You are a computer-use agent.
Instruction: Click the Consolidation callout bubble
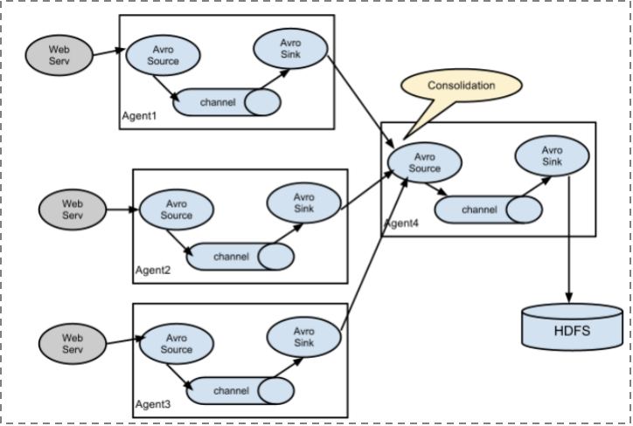pos(462,86)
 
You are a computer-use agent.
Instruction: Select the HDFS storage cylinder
pos(572,327)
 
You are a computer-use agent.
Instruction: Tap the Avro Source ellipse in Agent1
pos(163,55)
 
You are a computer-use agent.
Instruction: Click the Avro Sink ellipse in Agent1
pos(290,48)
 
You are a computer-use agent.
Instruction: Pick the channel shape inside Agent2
pos(240,257)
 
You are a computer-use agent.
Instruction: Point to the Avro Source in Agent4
pos(425,162)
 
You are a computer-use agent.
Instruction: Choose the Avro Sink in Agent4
pos(552,156)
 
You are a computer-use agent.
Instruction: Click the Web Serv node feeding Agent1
pos(59,55)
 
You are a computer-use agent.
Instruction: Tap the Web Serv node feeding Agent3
pos(73,344)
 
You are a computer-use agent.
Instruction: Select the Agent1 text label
pos(139,116)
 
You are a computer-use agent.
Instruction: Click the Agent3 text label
pos(153,404)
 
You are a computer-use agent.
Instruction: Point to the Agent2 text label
pos(153,270)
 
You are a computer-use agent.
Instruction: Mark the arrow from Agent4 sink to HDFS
pos(569,239)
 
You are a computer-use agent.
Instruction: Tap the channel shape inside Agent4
pos(489,210)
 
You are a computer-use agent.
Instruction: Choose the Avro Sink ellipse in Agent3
pos(304,337)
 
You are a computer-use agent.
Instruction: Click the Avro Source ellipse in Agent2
pos(177,210)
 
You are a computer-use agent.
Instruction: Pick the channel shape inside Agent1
pos(226,102)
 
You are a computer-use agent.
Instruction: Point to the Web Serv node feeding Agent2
pos(73,210)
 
